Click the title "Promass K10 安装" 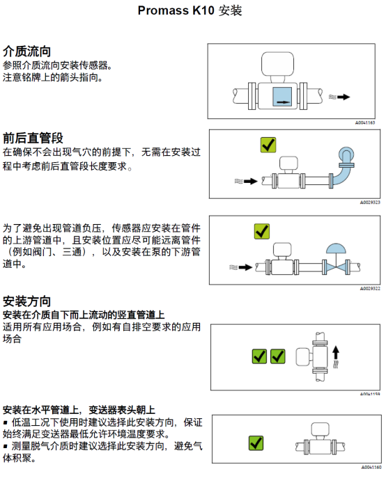click(190, 10)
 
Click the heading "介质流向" click(27, 51)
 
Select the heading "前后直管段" click(33, 138)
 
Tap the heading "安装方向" click(27, 301)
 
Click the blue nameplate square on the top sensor click(282, 97)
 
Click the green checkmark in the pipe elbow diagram click(268, 145)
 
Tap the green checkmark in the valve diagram click(262, 231)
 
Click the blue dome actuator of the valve click(336, 249)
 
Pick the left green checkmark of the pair click(259, 356)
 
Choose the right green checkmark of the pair click(277, 356)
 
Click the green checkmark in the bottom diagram click(256, 443)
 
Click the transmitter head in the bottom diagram click(320, 429)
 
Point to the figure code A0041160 click(371, 468)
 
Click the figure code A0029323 click(370, 202)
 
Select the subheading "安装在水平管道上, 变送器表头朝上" click(79, 410)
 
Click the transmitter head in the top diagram click(277, 64)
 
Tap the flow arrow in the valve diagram click(245, 267)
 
